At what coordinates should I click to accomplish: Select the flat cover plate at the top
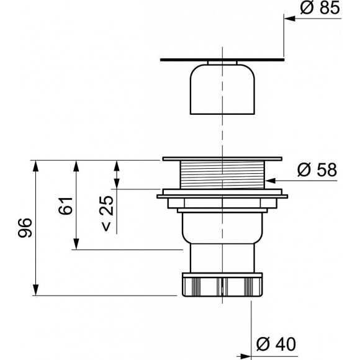pos(222,60)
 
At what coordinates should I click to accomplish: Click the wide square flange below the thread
pos(222,196)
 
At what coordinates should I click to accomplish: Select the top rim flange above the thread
pos(222,160)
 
